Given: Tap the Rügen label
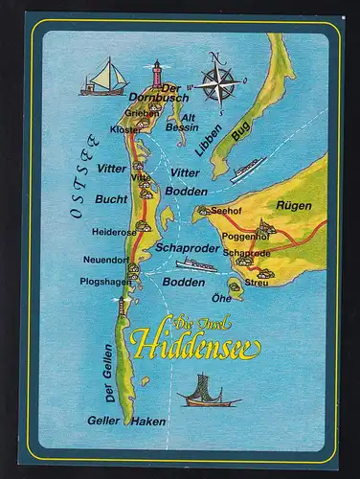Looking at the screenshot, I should tap(295, 204).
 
